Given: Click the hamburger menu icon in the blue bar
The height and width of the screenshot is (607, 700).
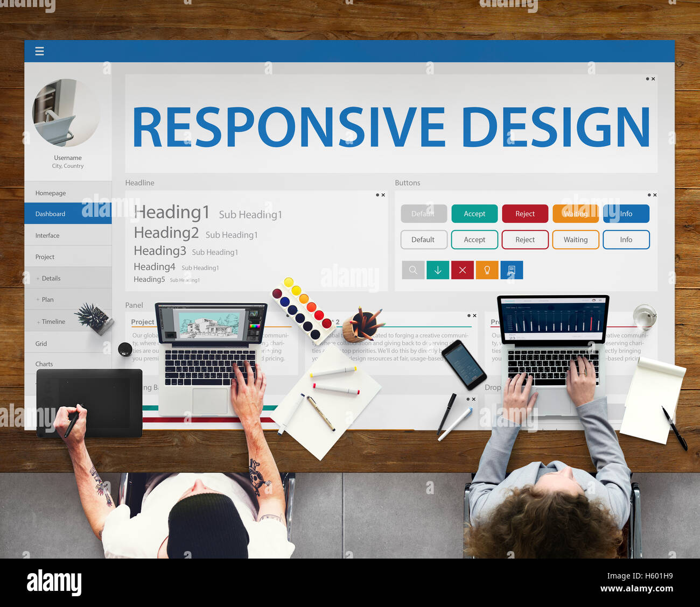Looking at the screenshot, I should coord(39,51).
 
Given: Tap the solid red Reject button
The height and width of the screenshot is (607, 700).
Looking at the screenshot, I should coord(525,214).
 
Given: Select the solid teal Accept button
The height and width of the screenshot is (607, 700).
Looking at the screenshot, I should coord(474,214).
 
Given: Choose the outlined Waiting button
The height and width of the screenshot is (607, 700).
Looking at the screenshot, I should coord(576,239).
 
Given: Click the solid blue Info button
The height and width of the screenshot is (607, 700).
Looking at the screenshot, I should coord(626,214).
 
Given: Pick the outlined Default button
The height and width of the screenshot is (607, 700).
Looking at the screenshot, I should coord(423,239).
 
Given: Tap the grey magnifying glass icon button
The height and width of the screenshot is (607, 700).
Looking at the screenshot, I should coord(413,270).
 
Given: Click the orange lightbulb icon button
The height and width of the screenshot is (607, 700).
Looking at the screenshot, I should coord(487,270).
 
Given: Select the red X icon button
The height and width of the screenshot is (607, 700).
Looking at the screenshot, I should coord(463,270).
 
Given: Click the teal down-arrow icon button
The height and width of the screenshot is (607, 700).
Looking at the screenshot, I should coord(438,270).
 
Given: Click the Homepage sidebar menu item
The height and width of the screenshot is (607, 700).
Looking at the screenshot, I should coord(51,193).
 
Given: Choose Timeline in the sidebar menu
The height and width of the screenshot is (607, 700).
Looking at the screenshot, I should coord(53,322).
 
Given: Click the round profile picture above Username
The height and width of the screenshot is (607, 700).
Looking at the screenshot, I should coord(66,113).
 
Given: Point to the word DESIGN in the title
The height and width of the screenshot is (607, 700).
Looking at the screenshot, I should coord(556,128).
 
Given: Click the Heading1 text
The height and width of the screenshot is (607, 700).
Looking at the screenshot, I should coord(172,213).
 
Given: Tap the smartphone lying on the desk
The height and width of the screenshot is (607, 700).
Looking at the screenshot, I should coord(464,364).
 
